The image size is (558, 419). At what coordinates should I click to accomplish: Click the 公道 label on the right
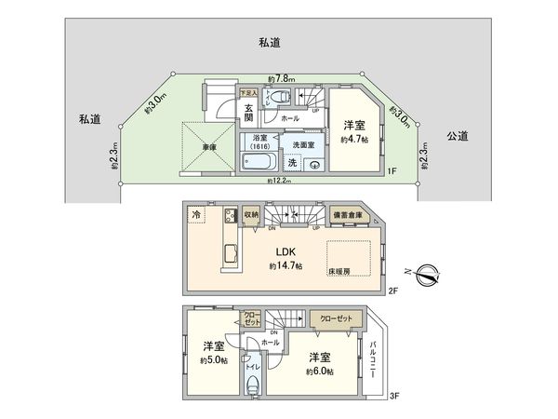[x=457, y=136]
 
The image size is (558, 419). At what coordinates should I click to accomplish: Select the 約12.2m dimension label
[x=278, y=182]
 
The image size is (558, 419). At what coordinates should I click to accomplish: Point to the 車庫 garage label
[x=206, y=146]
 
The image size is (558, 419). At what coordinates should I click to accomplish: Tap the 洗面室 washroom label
[x=303, y=144]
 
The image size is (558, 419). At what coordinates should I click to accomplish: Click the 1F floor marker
[x=392, y=171]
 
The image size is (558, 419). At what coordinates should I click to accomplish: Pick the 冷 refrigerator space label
[x=196, y=214]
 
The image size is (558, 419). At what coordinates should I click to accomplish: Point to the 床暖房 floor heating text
[x=339, y=271]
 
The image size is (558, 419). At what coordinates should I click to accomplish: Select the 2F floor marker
[x=392, y=290]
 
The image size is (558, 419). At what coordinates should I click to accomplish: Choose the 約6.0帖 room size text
[x=321, y=371]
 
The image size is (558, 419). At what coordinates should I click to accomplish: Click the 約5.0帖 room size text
[x=213, y=360]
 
